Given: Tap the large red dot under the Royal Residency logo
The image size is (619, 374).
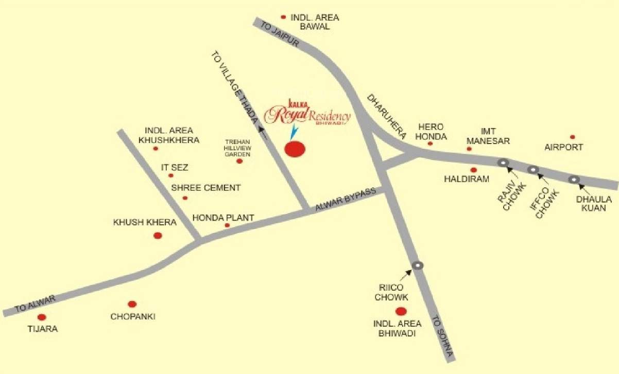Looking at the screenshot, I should click(x=295, y=149).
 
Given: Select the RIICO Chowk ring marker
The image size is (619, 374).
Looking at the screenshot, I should click(x=418, y=265).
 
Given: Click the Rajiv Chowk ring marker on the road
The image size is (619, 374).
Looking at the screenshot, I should click(x=503, y=163).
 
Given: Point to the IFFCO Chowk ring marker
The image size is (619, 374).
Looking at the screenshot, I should click(x=533, y=169).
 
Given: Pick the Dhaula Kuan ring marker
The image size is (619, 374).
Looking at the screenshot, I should click(x=574, y=179).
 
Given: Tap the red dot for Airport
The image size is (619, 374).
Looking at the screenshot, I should click(x=572, y=137).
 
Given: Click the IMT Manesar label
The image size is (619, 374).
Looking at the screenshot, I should click(x=488, y=136).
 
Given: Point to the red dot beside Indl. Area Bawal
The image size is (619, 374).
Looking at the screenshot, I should click(x=283, y=17).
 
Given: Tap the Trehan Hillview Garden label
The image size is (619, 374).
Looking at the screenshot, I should click(x=237, y=148).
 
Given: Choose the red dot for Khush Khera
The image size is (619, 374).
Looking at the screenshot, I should click(x=158, y=236).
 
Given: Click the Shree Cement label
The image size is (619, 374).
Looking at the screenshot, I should click(x=206, y=188).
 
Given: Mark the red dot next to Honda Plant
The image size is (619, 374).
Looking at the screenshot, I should click(x=227, y=225).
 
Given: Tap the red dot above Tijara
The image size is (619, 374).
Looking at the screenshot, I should click(x=42, y=317).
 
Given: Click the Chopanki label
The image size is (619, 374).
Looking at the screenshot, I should click(x=133, y=316).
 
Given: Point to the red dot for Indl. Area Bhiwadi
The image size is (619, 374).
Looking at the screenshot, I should click(x=400, y=311).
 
